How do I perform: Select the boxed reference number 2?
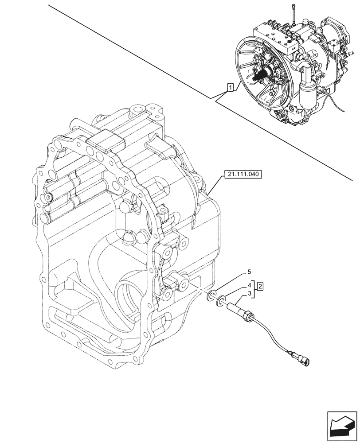coord(261,286)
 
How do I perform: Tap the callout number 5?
coord(249,272)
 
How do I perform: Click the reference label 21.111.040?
coord(244,175)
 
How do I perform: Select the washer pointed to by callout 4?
coord(219,302)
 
